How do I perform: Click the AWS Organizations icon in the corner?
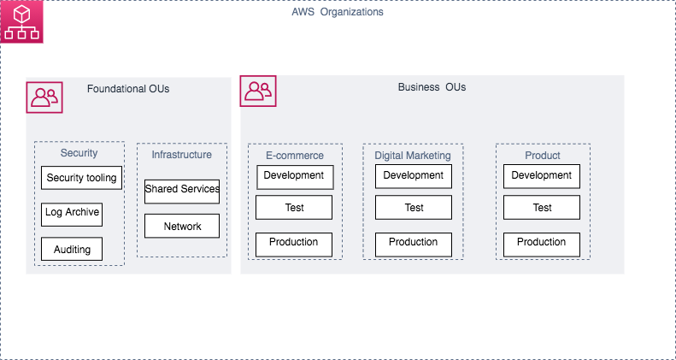coord(21,21)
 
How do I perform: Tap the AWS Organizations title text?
coord(338,13)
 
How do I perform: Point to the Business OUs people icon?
coord(257,91)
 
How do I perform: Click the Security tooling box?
coord(82,178)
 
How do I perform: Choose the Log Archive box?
coord(72,213)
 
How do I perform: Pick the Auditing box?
coord(72,249)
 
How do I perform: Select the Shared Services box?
coord(182,190)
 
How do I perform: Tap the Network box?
coord(182,226)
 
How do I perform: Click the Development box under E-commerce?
coord(294,176)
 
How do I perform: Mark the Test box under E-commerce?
coord(294,208)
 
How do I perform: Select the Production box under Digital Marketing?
coord(414,243)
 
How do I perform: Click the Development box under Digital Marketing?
coord(414,176)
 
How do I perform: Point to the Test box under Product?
coord(542,208)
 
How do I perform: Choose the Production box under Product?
coord(542,243)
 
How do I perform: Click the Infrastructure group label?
coord(182,155)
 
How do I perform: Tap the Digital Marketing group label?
coord(413,156)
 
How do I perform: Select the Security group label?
coord(79,153)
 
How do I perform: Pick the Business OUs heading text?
coord(432,87)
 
